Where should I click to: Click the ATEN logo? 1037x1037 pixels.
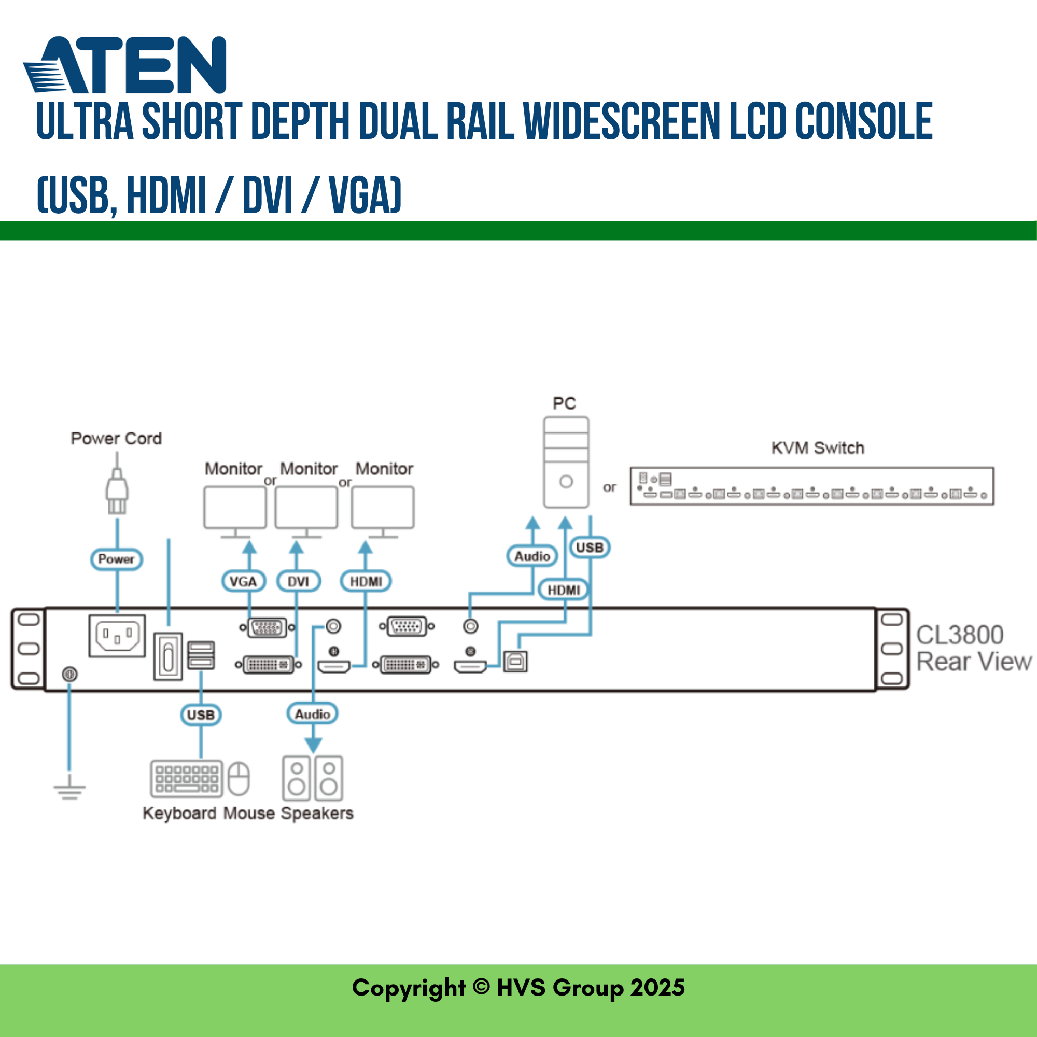(124, 65)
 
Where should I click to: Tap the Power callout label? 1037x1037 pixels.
(117, 559)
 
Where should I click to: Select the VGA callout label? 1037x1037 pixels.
(244, 581)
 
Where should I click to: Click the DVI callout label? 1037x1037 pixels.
(299, 581)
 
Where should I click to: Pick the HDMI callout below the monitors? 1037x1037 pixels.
(366, 581)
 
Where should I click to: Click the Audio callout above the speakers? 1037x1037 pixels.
(312, 714)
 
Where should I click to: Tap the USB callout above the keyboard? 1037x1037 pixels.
(201, 714)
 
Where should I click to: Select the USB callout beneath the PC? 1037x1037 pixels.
(590, 548)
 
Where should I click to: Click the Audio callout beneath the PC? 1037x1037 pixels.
(532, 556)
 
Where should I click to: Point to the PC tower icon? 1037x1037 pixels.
(566, 462)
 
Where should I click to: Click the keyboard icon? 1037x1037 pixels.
(186, 778)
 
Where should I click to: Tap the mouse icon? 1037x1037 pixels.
(239, 778)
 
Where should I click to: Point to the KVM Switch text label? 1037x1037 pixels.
(818, 448)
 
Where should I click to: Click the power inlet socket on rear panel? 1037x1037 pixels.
(117, 636)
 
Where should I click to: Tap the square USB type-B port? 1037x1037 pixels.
(515, 662)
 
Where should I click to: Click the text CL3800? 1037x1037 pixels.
(960, 635)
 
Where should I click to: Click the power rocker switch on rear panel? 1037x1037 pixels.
(168, 656)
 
